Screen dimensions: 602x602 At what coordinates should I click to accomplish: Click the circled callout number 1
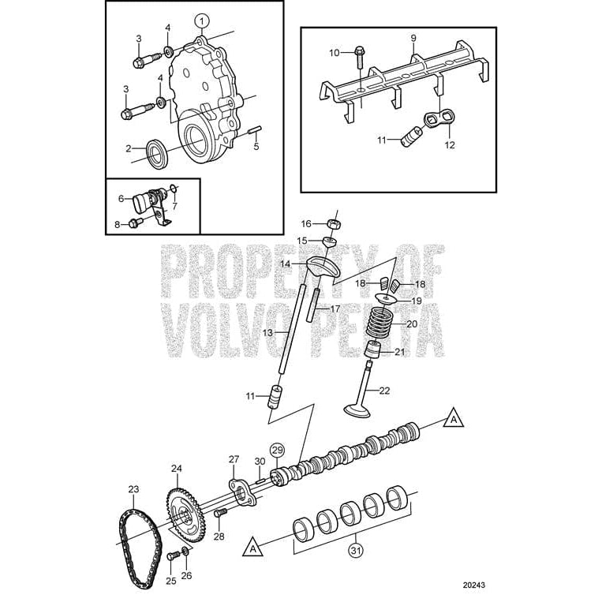coord(202,20)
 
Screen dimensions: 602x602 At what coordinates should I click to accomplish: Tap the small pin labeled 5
coord(256,132)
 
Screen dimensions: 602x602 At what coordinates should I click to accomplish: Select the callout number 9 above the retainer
coord(413,39)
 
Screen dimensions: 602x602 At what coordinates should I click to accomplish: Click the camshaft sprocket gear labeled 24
coord(183,510)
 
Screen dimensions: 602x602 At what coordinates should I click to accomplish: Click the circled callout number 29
coord(276,451)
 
